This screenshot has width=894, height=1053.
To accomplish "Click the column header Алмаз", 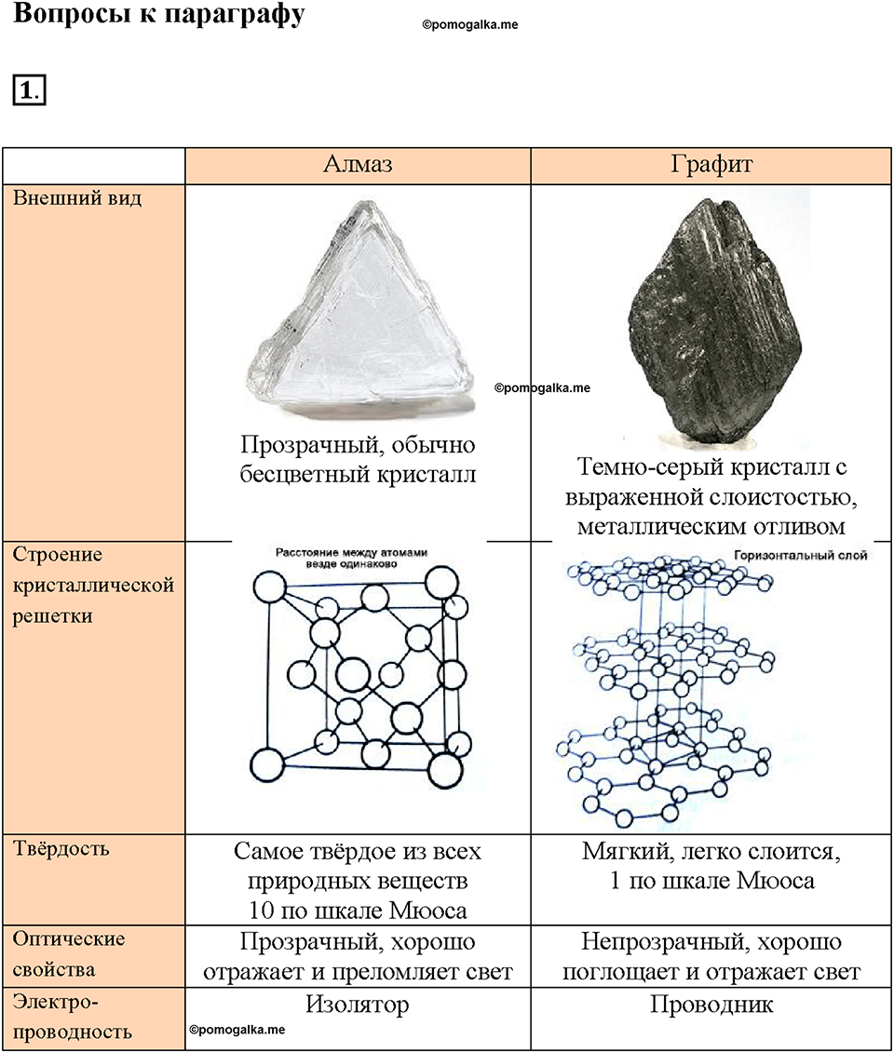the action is point(358,165).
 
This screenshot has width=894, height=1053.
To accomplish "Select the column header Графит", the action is point(711,165).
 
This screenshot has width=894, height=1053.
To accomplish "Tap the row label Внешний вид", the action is point(77,199).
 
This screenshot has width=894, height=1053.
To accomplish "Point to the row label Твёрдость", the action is point(61,849).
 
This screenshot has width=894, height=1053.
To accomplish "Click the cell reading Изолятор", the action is point(358,1005).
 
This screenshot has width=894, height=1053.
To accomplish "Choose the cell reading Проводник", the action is point(711,1006).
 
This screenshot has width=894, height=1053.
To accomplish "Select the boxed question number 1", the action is point(29,90).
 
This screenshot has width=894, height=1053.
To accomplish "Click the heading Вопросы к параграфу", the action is point(158,14).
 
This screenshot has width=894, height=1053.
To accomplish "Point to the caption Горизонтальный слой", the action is point(800,556).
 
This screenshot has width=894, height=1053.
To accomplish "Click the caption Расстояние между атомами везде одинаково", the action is point(351,558).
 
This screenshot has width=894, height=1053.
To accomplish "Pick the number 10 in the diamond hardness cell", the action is point(261,911).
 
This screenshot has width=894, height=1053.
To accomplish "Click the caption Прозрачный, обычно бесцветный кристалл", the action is point(358,459).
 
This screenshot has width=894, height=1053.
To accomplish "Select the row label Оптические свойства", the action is point(69,954).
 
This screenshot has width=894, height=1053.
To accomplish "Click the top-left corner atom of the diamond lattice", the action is point(270,587).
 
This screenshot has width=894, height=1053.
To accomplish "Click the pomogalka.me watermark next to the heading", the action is point(470,25).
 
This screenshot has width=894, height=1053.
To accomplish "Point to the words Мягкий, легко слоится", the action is point(711,852).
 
